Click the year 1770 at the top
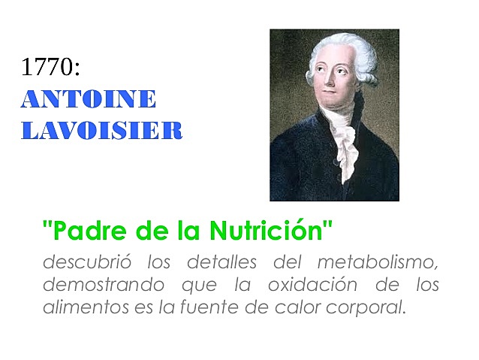point(50,67)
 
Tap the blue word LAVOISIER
point(101,131)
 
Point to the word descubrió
point(80,263)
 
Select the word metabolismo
point(378,264)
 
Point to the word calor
point(283,307)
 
